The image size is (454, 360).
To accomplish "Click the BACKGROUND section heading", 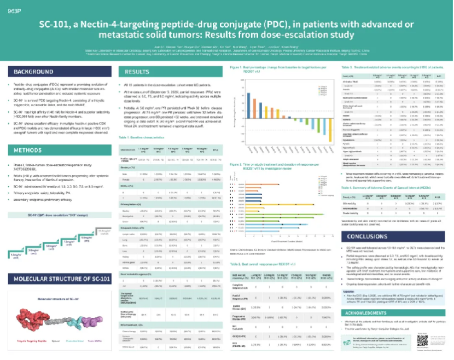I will point(34,72).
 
